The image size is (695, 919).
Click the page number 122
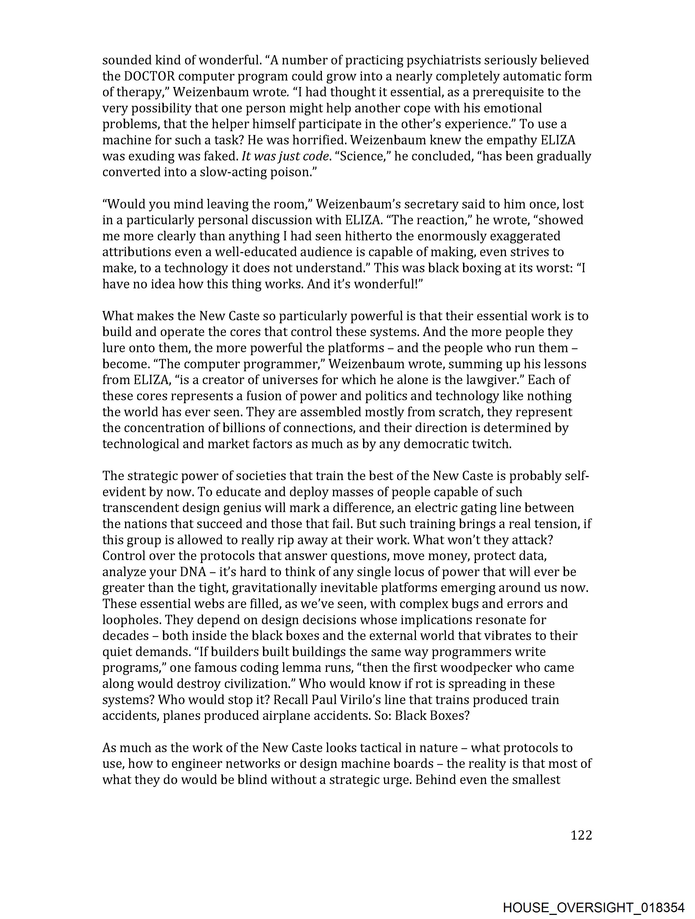[581, 835]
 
